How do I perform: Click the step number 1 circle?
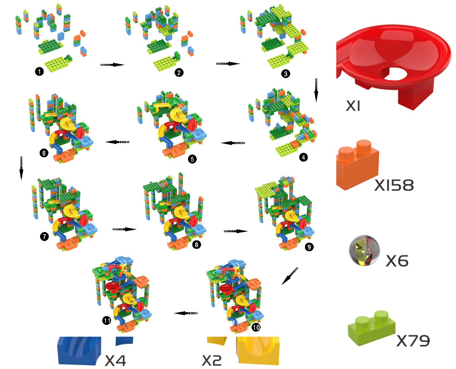39,71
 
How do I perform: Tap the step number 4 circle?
303,157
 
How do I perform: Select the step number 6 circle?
44,153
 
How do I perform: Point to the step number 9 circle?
309,247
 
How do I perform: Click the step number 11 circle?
107,320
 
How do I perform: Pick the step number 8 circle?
196,245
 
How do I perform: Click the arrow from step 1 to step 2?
112,65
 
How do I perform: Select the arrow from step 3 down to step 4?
316,90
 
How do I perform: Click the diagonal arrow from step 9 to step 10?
290,276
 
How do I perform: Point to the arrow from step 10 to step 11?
186,313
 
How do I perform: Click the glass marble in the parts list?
365,251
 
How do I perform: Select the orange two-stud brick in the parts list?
357,164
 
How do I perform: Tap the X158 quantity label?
394,185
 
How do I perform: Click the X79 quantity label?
413,341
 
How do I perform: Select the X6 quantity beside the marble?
397,261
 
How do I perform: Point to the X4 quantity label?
115,361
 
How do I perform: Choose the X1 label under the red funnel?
353,106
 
